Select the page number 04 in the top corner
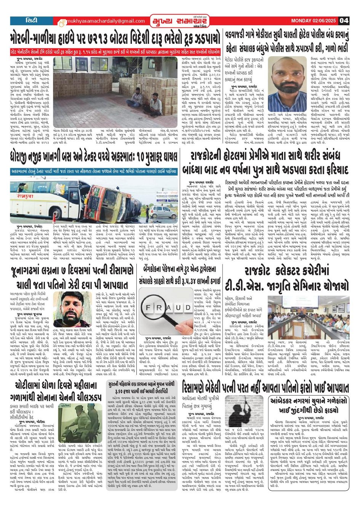click(x=344, y=21)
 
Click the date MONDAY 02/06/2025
click(x=314, y=21)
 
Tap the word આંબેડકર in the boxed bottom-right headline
click(x=293, y=401)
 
